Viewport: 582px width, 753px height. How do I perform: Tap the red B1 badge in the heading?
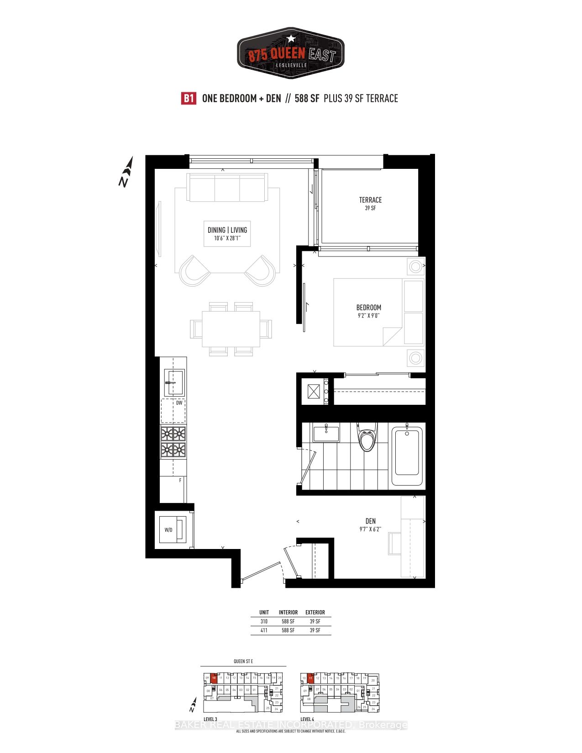click(189, 99)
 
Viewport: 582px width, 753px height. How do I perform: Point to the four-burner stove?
click(173, 442)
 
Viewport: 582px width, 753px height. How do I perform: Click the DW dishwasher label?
click(179, 403)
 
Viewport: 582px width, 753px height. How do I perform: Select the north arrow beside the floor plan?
click(126, 172)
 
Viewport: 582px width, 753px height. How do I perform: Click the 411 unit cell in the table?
click(264, 630)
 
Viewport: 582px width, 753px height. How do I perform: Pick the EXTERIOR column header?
click(315, 612)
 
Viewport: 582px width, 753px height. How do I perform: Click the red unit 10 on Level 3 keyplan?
click(214, 678)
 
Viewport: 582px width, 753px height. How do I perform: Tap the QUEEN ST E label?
click(243, 661)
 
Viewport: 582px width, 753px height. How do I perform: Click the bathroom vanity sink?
click(326, 432)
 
